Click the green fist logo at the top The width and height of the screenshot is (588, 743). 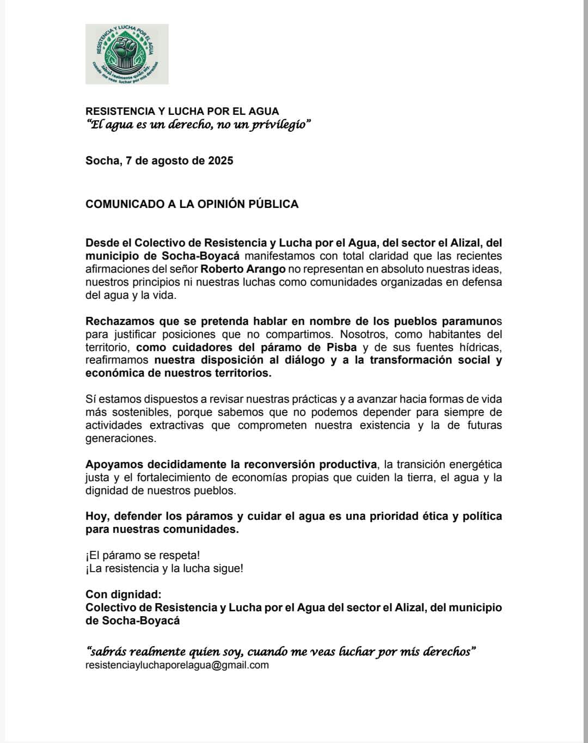(x=127, y=54)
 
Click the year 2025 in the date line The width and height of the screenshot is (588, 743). (x=220, y=161)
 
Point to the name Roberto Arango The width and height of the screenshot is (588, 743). (x=243, y=269)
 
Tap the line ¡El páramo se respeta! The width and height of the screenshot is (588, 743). (x=143, y=555)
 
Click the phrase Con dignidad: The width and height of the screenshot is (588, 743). (x=124, y=594)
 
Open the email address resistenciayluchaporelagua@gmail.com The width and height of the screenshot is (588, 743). (x=177, y=665)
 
